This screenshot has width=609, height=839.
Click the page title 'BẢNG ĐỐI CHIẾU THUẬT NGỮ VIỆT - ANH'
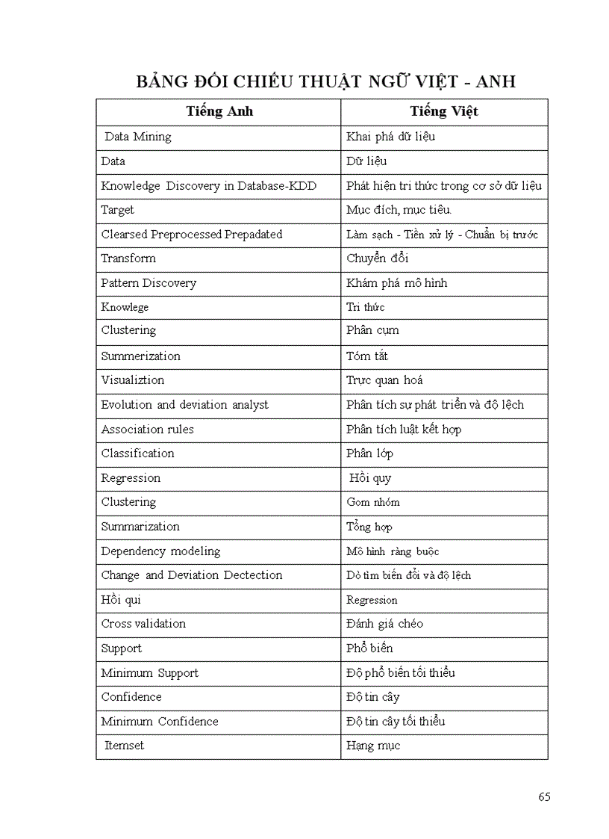pos(325,81)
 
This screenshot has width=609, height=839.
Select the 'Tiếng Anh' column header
pos(219,111)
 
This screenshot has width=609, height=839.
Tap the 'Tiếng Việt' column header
pos(444,111)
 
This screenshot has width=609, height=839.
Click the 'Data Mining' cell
pos(137,137)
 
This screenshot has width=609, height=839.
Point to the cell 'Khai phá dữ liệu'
pos(390,137)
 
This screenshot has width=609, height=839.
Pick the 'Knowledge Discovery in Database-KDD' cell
pos(208,186)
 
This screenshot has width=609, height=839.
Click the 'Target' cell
pos(118,210)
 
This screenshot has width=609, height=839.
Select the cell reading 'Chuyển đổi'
pos(377,258)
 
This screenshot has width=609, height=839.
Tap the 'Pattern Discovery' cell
pos(149,283)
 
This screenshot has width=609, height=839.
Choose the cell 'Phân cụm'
pos(372,330)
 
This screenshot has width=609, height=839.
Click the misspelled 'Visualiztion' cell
pos(132,380)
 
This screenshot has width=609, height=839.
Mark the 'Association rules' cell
pos(147,429)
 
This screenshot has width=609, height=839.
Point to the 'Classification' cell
pos(137,453)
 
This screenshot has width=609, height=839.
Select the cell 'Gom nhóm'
pos(372,502)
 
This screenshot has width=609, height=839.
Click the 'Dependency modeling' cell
pos(160,551)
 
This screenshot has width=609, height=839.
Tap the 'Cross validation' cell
pos(143,624)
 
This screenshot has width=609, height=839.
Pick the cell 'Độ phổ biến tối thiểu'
pos(400,673)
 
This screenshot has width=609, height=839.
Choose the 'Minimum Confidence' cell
pos(160,722)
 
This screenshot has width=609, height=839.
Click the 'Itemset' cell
pos(124,746)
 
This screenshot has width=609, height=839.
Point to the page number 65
pos(543,796)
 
